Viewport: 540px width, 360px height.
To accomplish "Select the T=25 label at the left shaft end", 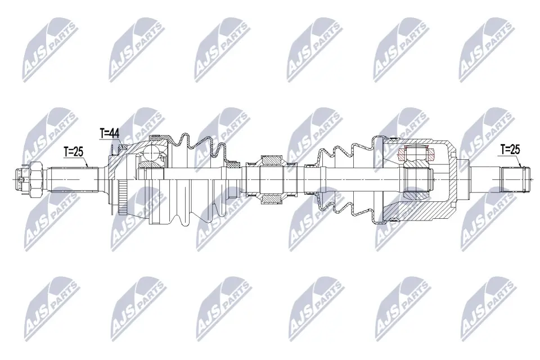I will pos(73,151).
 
